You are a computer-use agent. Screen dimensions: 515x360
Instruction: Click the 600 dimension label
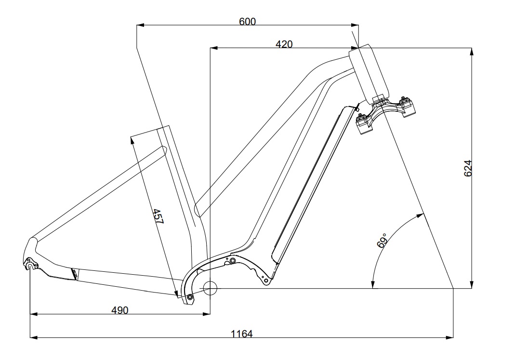click(247, 22)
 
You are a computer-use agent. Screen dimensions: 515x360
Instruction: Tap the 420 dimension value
click(284, 44)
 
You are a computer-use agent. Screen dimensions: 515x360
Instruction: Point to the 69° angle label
click(382, 240)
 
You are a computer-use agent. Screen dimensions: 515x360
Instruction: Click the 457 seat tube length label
click(158, 216)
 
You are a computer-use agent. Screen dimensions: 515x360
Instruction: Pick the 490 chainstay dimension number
click(119, 310)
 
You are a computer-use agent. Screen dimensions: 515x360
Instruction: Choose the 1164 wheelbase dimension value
click(242, 333)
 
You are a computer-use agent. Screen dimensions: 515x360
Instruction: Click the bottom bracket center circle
click(210, 288)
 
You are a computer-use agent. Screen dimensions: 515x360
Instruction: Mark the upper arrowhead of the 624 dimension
click(472, 52)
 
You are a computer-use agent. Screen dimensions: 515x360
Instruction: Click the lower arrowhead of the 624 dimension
click(472, 285)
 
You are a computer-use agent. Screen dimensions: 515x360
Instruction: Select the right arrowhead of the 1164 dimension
click(449, 337)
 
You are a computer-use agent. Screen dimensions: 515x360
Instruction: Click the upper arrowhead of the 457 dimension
click(132, 141)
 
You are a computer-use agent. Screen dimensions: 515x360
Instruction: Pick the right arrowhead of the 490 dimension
click(206, 314)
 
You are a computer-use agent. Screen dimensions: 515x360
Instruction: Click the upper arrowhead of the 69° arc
click(420, 215)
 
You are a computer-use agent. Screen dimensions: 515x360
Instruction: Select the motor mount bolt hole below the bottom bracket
click(189, 297)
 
